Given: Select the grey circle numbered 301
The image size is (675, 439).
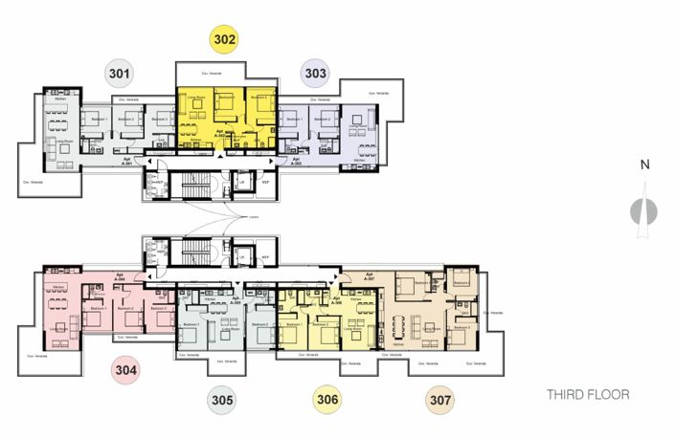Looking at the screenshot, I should click(x=121, y=72).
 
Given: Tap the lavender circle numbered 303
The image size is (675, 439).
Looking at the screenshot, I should click(x=316, y=72).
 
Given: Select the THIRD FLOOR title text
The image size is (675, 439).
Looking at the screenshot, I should click(x=588, y=394).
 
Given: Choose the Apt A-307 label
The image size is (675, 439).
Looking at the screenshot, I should click(x=371, y=276).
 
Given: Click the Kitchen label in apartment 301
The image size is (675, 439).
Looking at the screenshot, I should click(x=59, y=99).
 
